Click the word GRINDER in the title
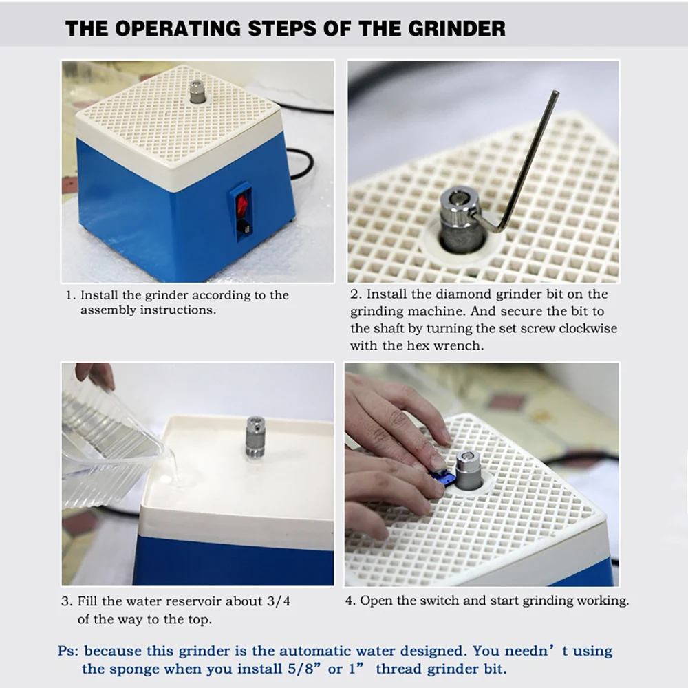pyautogui.click(x=456, y=28)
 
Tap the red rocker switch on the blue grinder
pyautogui.click(x=242, y=206)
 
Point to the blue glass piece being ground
pyautogui.click(x=441, y=477)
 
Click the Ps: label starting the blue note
pyautogui.click(x=68, y=651)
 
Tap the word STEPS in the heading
pyautogui.click(x=283, y=28)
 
